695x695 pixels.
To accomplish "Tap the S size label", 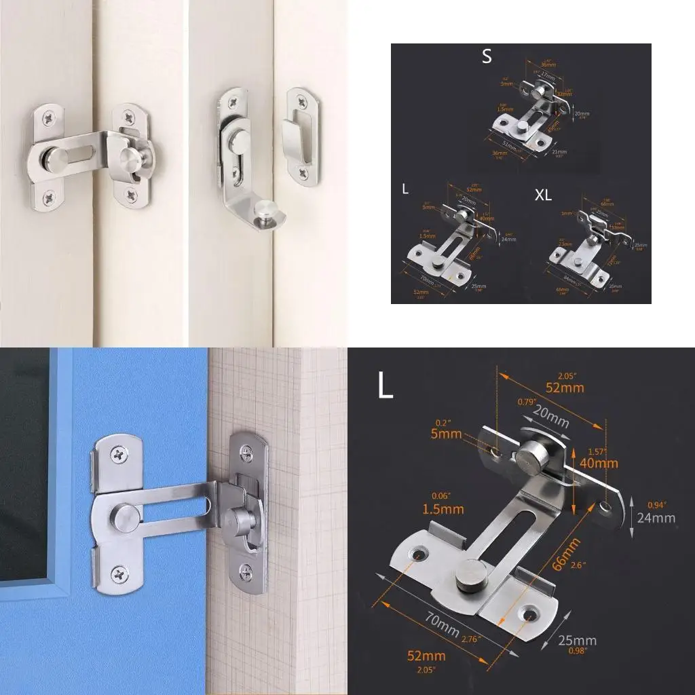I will coord(487,57).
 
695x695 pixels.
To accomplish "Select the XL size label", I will coord(543,195).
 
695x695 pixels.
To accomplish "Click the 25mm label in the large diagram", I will coord(577,640).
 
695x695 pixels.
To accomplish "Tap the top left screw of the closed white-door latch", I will coord(50,119).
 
